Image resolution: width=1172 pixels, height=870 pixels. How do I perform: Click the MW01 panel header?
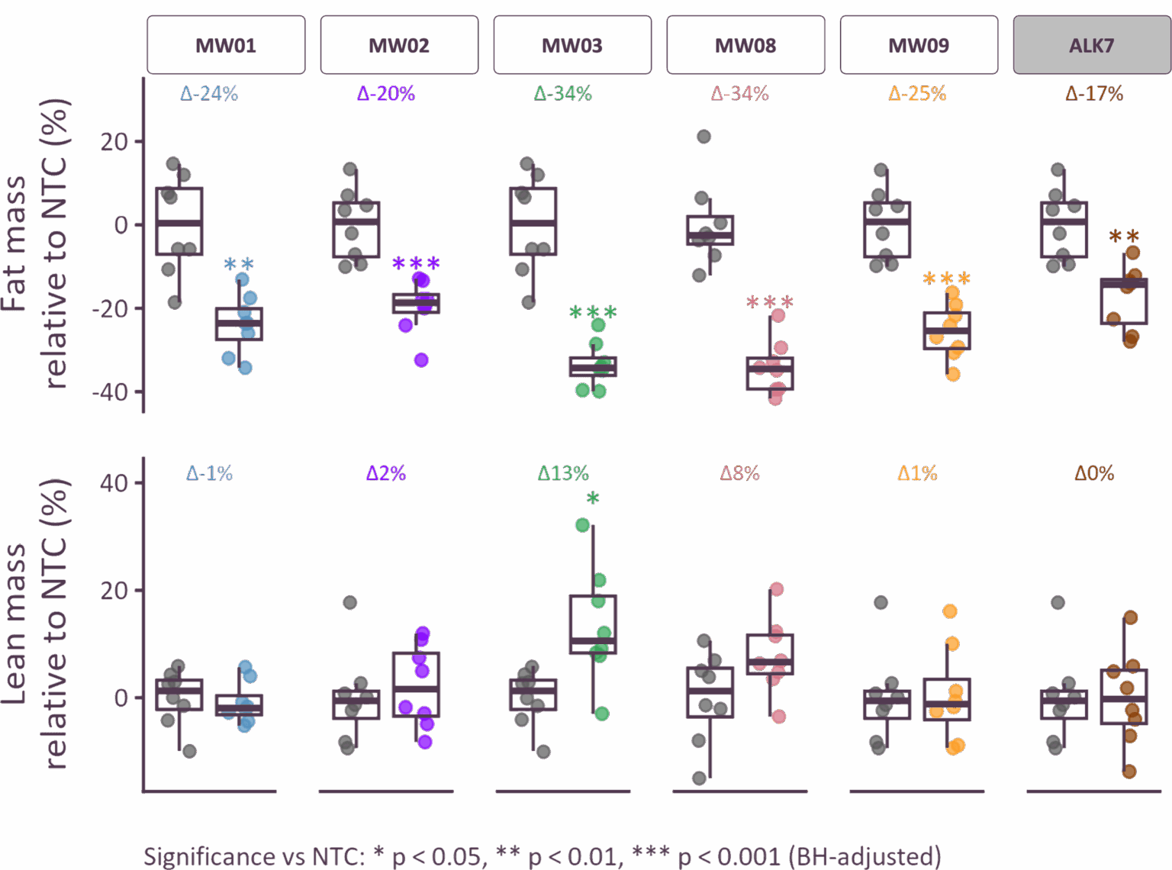point(226,45)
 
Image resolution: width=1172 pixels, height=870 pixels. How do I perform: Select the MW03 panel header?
point(572,45)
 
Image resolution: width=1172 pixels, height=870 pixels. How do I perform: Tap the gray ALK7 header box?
point(1092,45)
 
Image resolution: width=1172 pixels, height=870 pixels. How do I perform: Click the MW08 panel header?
point(745,45)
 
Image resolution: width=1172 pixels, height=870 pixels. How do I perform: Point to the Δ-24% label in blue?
point(209,94)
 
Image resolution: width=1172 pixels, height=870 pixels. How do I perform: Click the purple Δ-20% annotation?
point(386,94)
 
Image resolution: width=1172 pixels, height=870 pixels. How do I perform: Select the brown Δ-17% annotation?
point(1094,94)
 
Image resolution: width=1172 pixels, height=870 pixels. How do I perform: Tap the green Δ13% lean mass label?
point(563,473)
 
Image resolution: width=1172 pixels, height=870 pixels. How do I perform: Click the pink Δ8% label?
point(740,473)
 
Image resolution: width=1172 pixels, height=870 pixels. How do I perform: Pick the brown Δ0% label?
point(1094,473)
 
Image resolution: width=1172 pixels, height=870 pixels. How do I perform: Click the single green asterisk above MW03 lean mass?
point(593,498)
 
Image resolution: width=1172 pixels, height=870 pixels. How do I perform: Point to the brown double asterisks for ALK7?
point(1123,237)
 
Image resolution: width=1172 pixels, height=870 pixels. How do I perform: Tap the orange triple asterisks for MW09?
point(946,279)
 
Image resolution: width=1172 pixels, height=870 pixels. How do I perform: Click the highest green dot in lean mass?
point(582,525)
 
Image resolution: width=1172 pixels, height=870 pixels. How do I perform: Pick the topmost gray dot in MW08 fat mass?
point(704,137)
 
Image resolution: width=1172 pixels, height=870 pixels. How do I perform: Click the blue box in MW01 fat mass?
point(239,324)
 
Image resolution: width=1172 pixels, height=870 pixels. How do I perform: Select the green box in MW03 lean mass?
point(593,624)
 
